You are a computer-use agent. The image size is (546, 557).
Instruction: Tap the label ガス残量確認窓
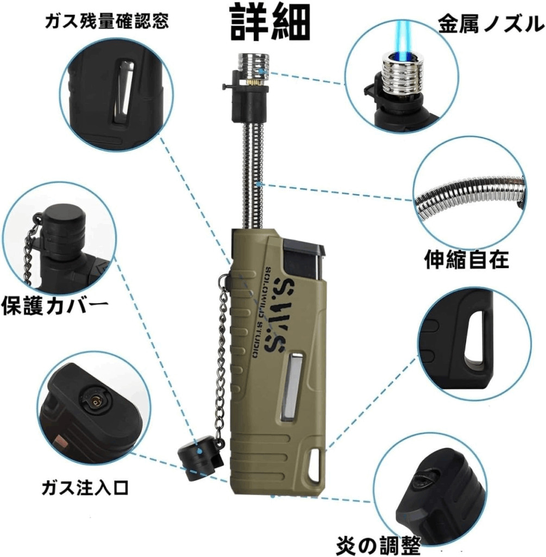pyautogui.click(x=107, y=21)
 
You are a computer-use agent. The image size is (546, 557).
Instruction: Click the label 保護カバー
pyautogui.click(x=55, y=306)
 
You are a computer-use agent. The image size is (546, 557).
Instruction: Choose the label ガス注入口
pyautogui.click(x=85, y=487)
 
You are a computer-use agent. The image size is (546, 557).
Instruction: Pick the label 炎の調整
pyautogui.click(x=378, y=545)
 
